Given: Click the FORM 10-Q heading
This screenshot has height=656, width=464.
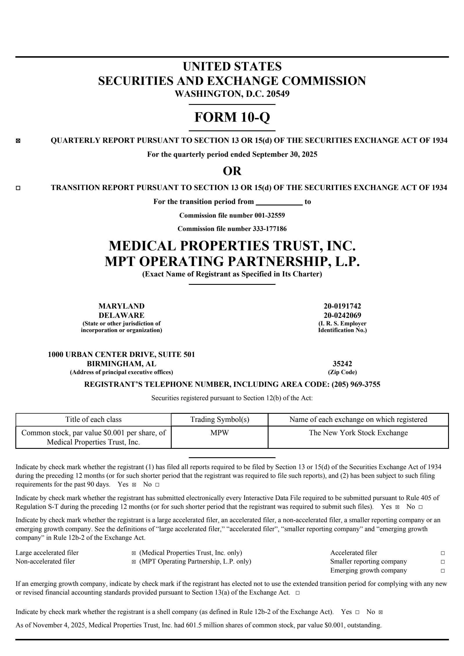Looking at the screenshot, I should [x=232, y=117].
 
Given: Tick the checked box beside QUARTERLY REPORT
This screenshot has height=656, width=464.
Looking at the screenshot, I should [x=18, y=141].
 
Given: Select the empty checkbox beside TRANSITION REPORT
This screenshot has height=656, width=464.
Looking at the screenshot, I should [x=18, y=188].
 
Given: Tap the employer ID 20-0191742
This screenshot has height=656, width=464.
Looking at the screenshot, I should [x=342, y=306].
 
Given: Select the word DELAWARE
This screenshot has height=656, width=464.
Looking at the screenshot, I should [x=122, y=315].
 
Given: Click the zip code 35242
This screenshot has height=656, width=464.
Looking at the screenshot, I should [x=342, y=364].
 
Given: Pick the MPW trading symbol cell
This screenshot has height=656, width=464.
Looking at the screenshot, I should [x=220, y=433].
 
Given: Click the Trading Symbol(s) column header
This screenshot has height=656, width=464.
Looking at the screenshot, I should [x=220, y=420].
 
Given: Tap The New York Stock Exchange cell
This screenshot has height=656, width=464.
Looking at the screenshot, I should [x=358, y=433].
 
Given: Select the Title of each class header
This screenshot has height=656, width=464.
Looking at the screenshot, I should [x=93, y=420].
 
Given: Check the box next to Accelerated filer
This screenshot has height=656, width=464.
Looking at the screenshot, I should [x=443, y=553].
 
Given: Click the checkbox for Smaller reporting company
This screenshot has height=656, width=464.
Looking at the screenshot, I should [x=443, y=562].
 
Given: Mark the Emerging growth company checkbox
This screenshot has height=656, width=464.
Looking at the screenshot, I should [x=443, y=571].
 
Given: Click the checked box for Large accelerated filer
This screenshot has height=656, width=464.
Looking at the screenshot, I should [x=133, y=553].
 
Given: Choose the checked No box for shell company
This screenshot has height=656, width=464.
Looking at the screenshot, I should [x=380, y=612].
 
